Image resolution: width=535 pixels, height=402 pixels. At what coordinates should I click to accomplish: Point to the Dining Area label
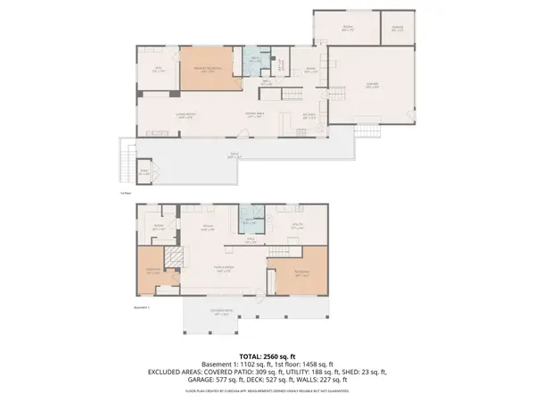point(257,114)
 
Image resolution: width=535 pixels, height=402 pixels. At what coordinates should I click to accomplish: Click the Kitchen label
point(309,114)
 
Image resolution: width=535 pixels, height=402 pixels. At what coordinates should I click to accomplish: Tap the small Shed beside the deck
point(143,172)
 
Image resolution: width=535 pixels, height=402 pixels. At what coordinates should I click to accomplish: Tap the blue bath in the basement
point(250,221)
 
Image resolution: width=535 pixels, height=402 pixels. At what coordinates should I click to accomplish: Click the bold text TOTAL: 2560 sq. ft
point(267,356)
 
